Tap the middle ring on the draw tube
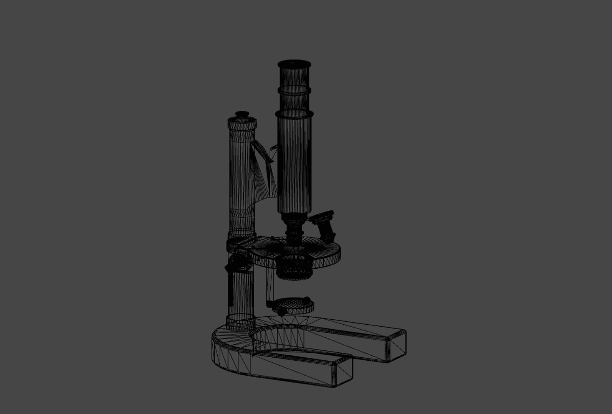pyautogui.click(x=294, y=91)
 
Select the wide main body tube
pyautogui.click(x=294, y=161)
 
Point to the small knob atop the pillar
pyautogui.click(x=242, y=114)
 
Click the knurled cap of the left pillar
pyautogui.click(x=242, y=124)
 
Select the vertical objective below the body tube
pyautogui.click(x=294, y=232)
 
